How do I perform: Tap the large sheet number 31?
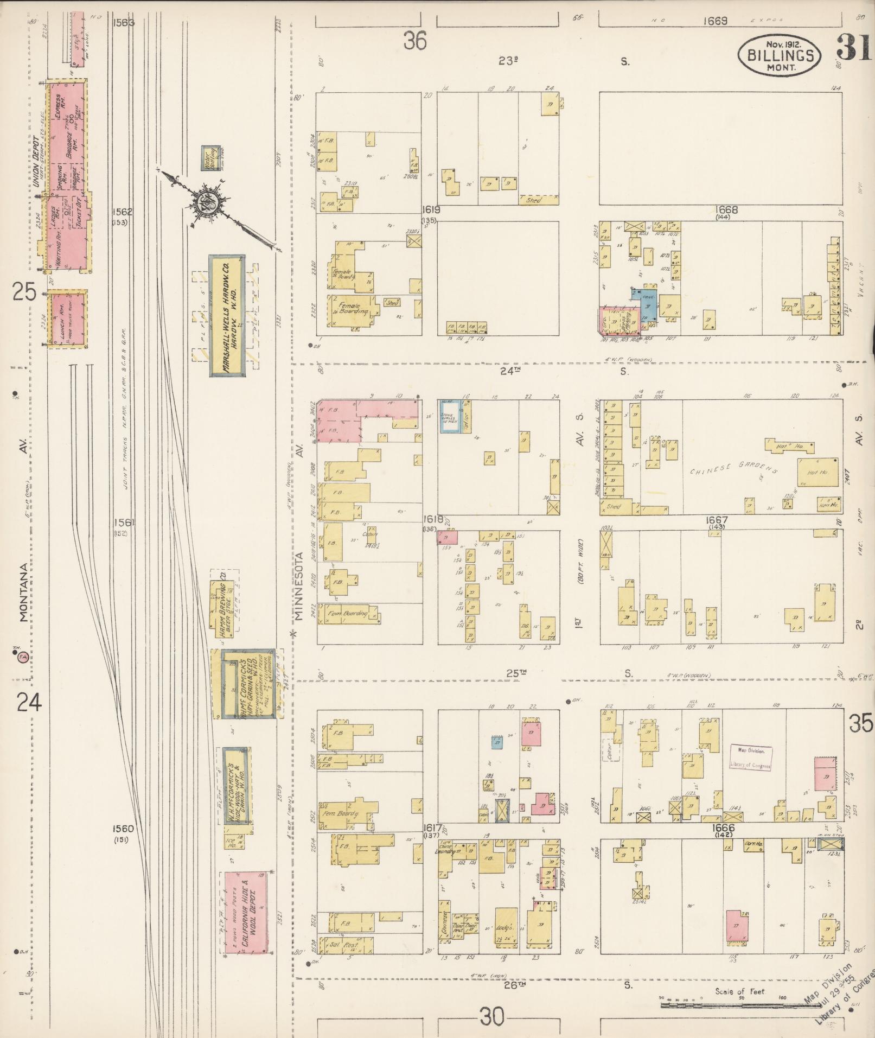(853, 48)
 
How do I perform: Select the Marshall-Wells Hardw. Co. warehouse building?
(227, 315)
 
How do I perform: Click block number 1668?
(723, 210)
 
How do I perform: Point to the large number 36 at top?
(414, 41)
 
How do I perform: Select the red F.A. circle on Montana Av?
(23, 657)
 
